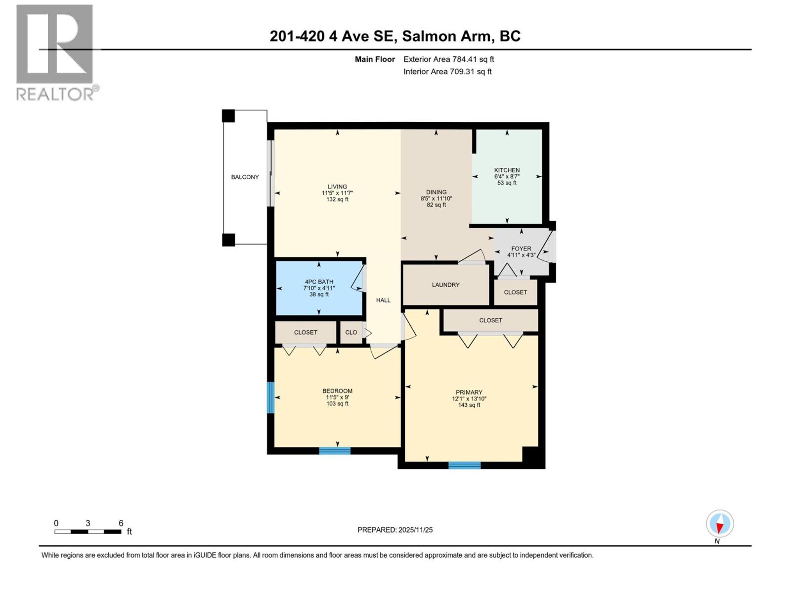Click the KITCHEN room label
(507, 170)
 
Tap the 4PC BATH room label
(319, 282)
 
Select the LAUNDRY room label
(445, 285)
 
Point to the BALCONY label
(245, 177)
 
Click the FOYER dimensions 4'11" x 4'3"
(521, 255)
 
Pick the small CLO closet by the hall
(351, 332)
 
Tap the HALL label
(383, 300)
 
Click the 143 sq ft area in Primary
(469, 405)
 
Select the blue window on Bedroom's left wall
(270, 397)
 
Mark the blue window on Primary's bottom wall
(464, 465)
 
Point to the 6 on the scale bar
(121, 523)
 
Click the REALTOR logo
(55, 52)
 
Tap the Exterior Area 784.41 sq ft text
(448, 59)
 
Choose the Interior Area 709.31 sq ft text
(447, 72)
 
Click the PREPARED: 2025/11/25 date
(395, 530)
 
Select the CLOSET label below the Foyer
(515, 292)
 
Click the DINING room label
(436, 192)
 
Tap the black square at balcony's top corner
(228, 116)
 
